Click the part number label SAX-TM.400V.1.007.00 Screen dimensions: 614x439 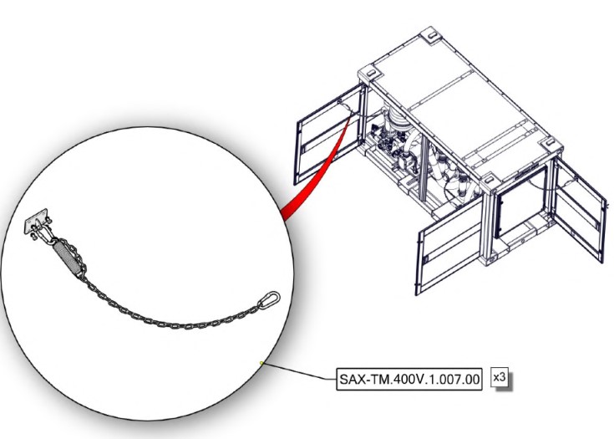[x=409, y=379]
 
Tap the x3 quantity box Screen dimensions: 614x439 [x=500, y=377]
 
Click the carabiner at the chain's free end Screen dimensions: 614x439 [x=269, y=300]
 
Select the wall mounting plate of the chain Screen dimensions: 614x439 [x=36, y=221]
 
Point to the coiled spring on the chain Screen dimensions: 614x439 [x=67, y=258]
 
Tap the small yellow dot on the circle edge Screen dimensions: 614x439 [x=261, y=363]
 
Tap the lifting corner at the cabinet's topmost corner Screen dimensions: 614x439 [x=431, y=35]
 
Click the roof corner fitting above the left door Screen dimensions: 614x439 [x=370, y=73]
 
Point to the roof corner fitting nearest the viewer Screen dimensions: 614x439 [x=490, y=180]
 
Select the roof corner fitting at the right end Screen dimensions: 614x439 [x=551, y=143]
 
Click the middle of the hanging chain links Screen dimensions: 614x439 [x=172, y=324]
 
